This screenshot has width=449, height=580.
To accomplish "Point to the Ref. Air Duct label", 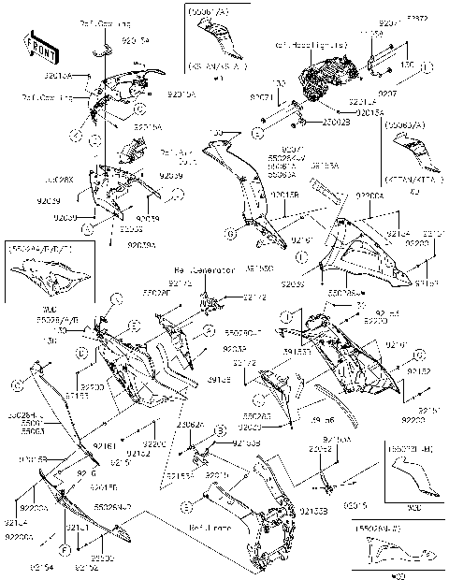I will pyautogui.click(x=176, y=156).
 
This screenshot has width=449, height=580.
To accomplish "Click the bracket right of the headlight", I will pyautogui.click(x=384, y=64).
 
